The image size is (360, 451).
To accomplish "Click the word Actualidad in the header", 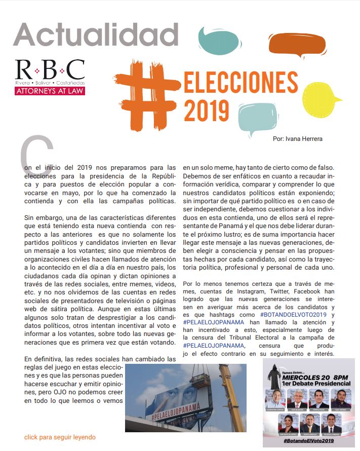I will pyautogui.click(x=96, y=35).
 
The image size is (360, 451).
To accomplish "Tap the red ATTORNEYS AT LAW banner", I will pyautogui.click(x=50, y=91).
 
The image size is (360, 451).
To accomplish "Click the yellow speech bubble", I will pyautogui.click(x=327, y=99).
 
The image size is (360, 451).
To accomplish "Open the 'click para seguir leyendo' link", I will pyautogui.click(x=60, y=437).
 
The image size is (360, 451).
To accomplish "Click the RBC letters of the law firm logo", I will pyautogui.click(x=50, y=70).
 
